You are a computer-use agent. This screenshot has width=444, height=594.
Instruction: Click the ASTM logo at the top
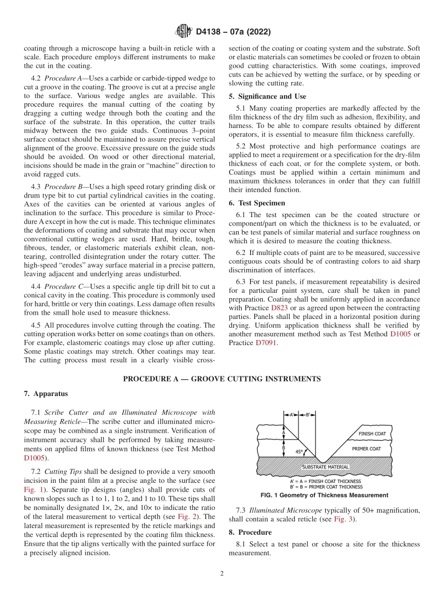click(x=183, y=32)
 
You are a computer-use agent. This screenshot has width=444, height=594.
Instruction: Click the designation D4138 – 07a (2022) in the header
click(x=233, y=32)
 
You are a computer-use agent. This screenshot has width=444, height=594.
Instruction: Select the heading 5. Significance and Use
click(x=267, y=97)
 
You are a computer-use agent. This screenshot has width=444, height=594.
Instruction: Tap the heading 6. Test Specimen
click(x=257, y=203)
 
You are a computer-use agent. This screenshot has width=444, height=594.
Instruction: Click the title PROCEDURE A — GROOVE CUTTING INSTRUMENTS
click(x=222, y=379)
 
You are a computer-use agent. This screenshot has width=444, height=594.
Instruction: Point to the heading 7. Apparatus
click(x=46, y=394)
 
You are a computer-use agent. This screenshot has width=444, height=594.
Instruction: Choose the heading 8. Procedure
click(x=250, y=532)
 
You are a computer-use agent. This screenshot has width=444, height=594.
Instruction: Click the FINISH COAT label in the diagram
click(x=372, y=434)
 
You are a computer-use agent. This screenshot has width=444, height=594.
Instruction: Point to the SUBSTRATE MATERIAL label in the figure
click(x=325, y=467)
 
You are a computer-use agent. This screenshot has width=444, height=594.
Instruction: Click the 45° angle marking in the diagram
click(x=299, y=452)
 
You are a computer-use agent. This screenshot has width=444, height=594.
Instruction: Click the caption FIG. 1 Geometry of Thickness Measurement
click(x=324, y=495)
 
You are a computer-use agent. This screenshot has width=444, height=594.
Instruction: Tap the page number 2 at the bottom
click(x=222, y=574)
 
